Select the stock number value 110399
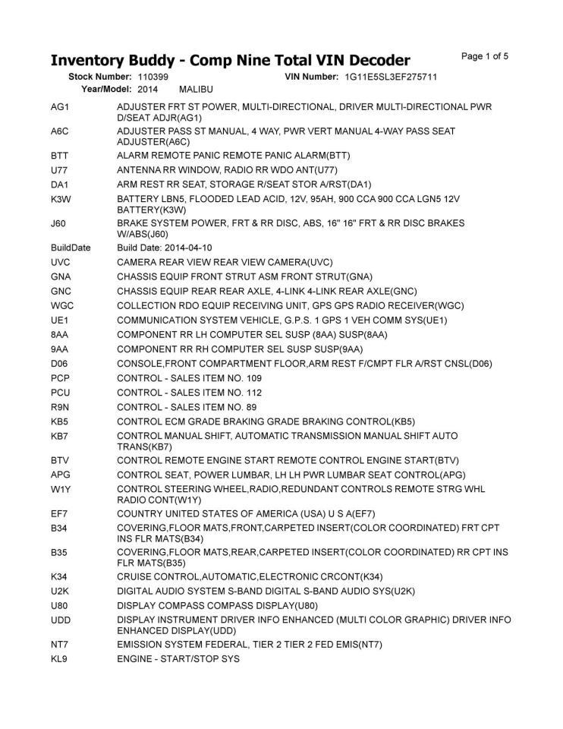(153, 77)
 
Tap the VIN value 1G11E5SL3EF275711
(391, 77)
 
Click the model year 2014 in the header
(148, 90)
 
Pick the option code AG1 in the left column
(60, 107)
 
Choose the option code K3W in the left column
(61, 199)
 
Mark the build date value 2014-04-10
(186, 248)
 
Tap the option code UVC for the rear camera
(61, 262)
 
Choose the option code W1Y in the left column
(61, 489)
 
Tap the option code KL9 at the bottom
(60, 659)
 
